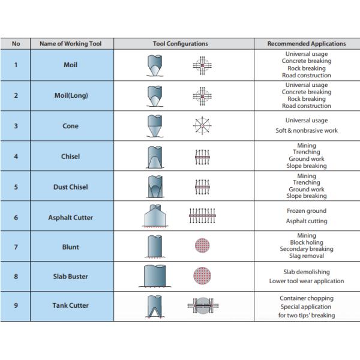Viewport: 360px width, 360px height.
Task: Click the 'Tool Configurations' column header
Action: coord(180,44)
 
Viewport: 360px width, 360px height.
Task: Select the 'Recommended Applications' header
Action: coord(306,44)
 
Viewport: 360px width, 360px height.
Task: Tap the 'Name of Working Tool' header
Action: coord(71,44)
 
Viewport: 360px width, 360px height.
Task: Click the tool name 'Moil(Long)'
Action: coord(71,95)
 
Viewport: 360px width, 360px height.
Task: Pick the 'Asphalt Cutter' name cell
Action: coord(71,217)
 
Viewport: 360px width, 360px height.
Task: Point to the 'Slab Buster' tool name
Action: coord(71,277)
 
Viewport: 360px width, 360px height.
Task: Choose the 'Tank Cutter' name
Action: coord(71,305)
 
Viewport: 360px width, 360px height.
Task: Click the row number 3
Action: coord(16,126)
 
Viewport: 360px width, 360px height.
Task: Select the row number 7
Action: coord(16,247)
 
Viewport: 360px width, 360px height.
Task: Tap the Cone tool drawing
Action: coord(155,126)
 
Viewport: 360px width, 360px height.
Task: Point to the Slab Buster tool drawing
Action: coord(155,277)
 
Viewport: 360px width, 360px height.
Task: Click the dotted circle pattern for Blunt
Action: coord(202,247)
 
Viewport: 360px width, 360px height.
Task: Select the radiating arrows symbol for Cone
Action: coord(202,126)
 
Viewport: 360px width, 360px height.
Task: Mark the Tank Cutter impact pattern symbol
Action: coord(202,306)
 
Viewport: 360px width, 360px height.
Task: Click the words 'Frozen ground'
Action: coord(306,211)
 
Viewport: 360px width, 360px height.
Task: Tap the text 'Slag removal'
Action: coord(306,256)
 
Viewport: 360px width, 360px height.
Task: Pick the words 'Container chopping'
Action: coord(306,298)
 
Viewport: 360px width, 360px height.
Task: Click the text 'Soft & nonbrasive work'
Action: coord(306,130)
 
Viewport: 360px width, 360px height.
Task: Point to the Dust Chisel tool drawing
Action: coord(155,187)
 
